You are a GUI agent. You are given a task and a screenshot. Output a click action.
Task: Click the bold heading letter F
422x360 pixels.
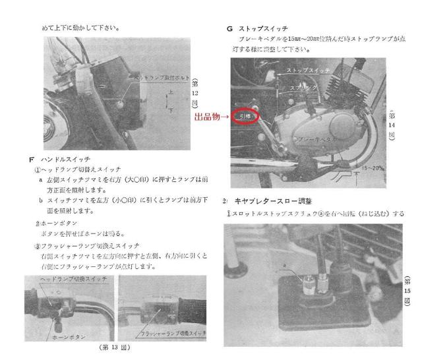pos(24,159)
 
